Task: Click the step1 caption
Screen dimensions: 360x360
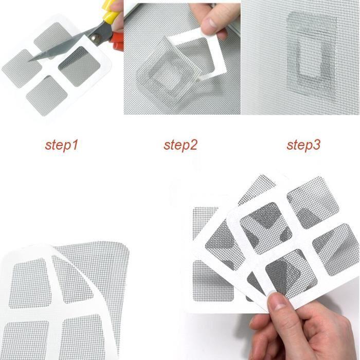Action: pyautogui.click(x=61, y=145)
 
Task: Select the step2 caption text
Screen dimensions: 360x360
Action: pyautogui.click(x=181, y=145)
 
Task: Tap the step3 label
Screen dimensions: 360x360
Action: pyautogui.click(x=303, y=145)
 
